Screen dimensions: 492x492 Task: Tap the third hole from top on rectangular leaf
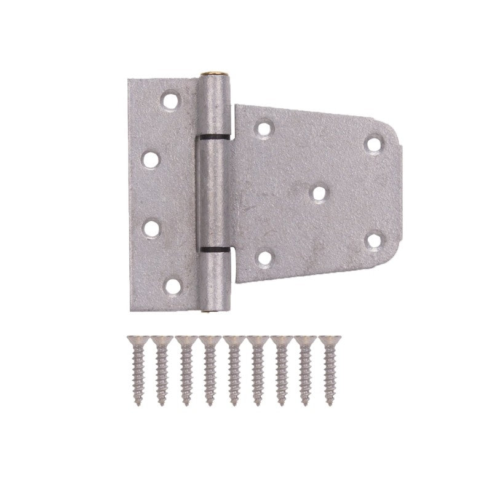150,226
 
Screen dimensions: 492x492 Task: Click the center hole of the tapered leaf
318,192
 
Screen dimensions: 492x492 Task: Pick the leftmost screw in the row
137,373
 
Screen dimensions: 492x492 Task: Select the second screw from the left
161,373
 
